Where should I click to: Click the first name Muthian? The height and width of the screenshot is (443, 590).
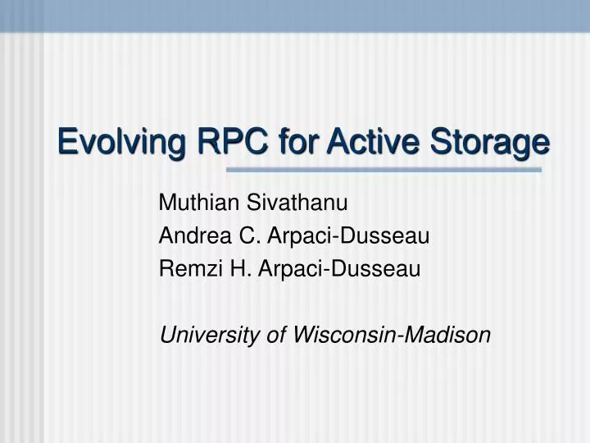coord(193,202)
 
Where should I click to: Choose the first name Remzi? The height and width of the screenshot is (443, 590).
coord(184,268)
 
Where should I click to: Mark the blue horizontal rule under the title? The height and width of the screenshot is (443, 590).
coord(383,170)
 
